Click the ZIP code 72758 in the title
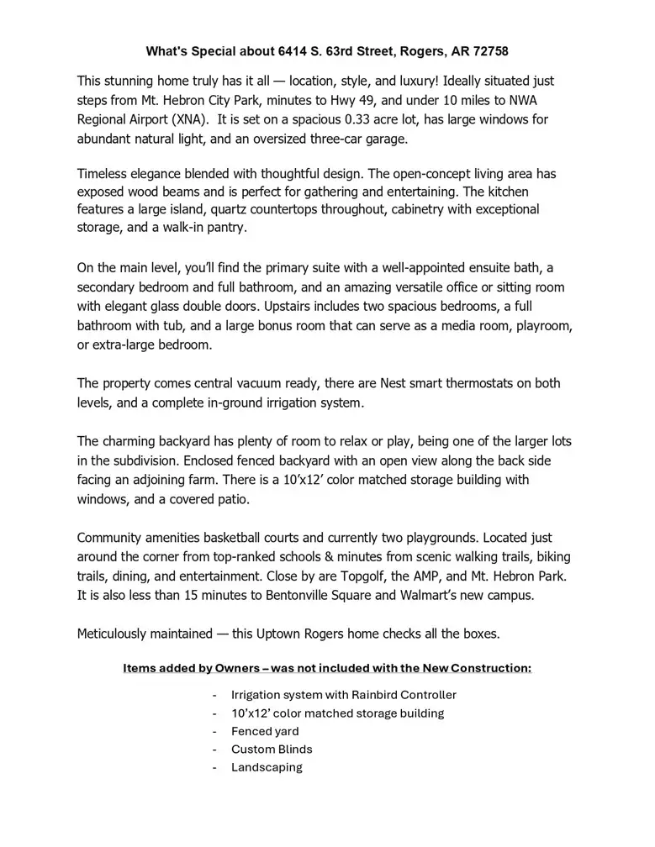point(489,51)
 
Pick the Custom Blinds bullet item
point(272,749)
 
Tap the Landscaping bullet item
point(267,767)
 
